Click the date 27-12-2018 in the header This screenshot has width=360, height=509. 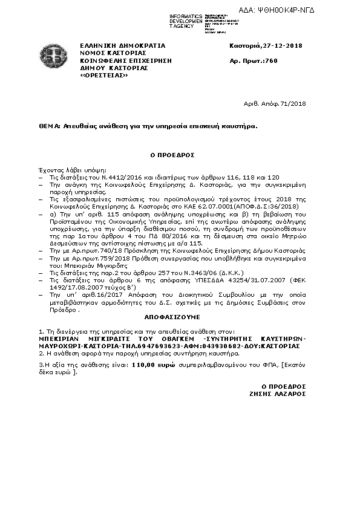pos(281,46)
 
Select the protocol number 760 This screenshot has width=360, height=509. pos(271,61)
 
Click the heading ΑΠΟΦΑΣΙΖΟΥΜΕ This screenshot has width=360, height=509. pos(172,316)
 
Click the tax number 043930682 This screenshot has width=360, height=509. pos(219,346)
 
